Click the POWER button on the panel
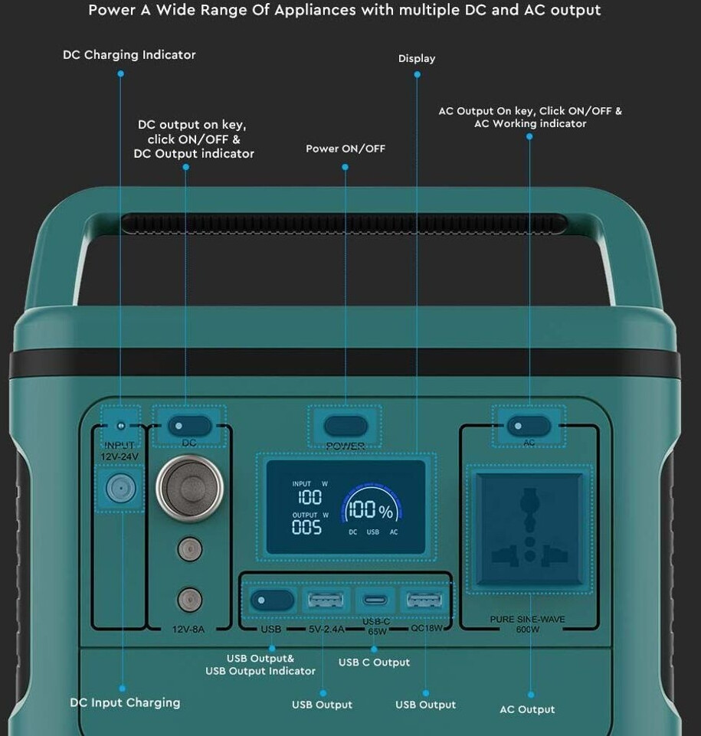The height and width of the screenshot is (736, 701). click(x=346, y=426)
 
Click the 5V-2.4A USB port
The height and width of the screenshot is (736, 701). click(x=326, y=600)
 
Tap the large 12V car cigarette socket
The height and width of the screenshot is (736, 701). click(x=190, y=488)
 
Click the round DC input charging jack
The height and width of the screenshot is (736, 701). click(x=120, y=488)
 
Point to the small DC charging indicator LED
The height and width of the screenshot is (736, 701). click(x=120, y=426)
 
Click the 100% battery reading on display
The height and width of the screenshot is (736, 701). click(x=370, y=511)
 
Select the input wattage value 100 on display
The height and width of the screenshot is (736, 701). click(x=306, y=498)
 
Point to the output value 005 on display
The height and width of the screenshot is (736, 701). click(x=306, y=527)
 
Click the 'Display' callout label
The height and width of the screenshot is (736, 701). click(x=417, y=58)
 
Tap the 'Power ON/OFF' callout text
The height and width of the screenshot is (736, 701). click(x=346, y=149)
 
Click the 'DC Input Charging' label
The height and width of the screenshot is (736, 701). click(x=125, y=702)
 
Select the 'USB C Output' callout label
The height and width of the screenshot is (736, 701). click(x=374, y=662)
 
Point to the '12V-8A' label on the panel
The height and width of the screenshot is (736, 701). click(x=188, y=629)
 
